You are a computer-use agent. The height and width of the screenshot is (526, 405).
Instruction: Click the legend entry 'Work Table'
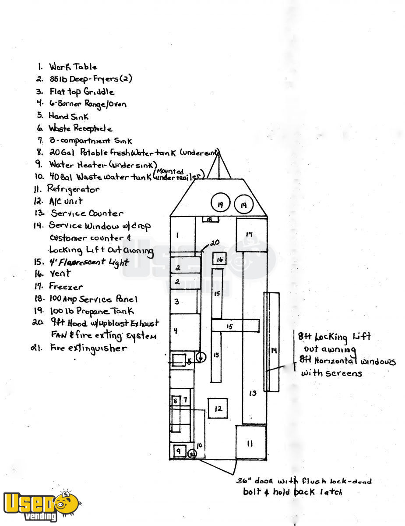73,67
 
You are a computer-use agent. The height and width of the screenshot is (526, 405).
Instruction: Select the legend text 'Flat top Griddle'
81,92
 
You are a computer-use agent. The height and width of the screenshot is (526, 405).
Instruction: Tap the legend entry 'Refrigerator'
74,189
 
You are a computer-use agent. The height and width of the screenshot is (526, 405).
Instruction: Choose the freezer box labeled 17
251,235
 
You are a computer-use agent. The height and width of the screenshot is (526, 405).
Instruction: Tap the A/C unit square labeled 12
218,409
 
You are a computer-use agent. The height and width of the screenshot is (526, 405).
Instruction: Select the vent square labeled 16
220,259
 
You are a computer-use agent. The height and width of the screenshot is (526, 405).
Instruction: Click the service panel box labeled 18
210,219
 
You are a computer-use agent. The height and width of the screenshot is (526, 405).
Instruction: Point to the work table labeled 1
182,235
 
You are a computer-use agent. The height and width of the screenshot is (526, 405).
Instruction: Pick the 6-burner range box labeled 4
184,332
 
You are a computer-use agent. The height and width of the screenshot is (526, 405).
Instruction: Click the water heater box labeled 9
179,450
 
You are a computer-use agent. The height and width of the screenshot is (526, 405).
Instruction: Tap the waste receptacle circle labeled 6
201,357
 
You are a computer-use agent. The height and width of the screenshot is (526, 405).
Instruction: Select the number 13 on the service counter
253,393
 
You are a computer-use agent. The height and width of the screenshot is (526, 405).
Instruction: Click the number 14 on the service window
274,350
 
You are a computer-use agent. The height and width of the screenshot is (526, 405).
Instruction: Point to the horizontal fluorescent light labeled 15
235,326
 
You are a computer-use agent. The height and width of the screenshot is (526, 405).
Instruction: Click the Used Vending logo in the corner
41,505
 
